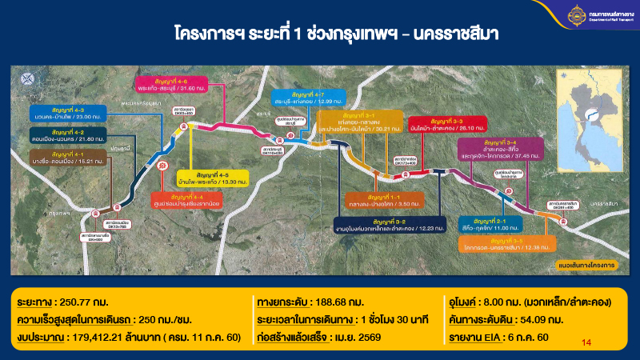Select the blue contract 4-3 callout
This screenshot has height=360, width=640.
click(64, 114)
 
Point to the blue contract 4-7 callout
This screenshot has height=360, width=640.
click(309, 98)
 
